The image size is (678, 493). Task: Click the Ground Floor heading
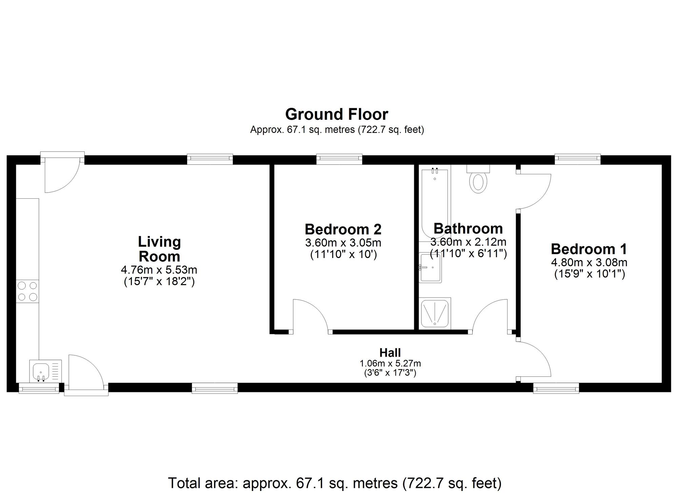[x=336, y=115]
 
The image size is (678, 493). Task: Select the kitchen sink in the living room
[x=41, y=371]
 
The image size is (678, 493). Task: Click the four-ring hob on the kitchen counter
[x=27, y=291]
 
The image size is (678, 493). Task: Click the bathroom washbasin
[x=431, y=268]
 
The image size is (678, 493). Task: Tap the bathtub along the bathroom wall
[x=435, y=203]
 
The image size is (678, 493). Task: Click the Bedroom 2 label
[x=343, y=230]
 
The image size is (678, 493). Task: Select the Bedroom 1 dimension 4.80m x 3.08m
[x=589, y=262]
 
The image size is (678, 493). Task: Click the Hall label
[x=390, y=353]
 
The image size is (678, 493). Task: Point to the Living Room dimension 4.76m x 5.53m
[x=159, y=270]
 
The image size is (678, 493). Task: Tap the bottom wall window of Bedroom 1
[x=556, y=388]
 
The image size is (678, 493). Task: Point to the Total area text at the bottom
[x=335, y=483]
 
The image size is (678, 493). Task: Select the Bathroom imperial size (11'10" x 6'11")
[x=468, y=254]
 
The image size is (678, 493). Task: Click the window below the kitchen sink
[x=39, y=388]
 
